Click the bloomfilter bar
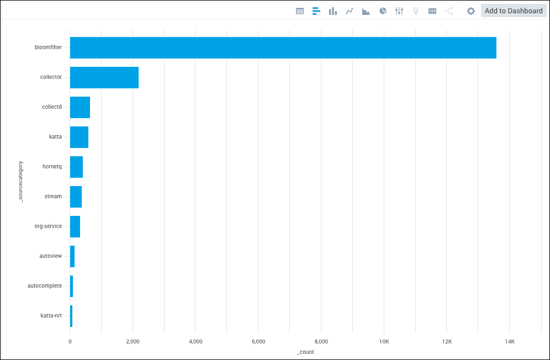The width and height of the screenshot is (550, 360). point(283,47)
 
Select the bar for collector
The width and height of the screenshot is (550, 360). point(104,77)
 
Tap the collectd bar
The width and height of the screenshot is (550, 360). point(80,107)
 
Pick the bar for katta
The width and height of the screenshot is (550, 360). point(79,137)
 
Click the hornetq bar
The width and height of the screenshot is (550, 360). point(76,167)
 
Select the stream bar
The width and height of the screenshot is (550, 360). point(76,197)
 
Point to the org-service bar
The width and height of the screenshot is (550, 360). point(75,226)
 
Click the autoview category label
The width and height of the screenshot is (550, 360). point(50,256)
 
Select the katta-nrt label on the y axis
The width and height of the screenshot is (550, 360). point(51,316)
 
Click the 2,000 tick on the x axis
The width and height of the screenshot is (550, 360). point(133,342)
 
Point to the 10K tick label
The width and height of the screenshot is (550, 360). point(384,342)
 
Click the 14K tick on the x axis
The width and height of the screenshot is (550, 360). point(509,342)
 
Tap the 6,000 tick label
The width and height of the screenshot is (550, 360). point(258,342)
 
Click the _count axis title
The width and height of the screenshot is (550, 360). point(305,352)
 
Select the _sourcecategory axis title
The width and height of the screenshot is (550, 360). point(21,181)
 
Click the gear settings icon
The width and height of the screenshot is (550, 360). point(470,11)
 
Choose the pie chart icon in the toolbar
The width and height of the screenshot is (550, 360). point(383,11)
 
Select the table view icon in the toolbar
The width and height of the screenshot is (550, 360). point(300,11)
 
